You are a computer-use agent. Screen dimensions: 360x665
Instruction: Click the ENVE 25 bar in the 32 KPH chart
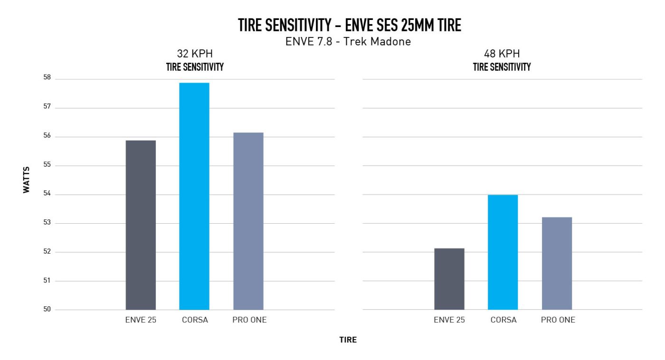tap(141, 225)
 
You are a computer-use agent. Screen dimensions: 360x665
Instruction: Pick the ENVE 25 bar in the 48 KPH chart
tap(449, 279)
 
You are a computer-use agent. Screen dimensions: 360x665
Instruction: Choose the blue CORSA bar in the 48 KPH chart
tap(503, 252)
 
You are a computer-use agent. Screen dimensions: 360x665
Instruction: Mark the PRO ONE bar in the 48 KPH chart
tap(557, 263)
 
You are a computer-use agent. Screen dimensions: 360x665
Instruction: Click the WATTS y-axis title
tap(26, 180)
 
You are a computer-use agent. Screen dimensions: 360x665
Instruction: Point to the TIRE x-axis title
tap(348, 340)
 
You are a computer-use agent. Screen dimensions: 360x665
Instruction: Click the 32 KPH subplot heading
tap(195, 54)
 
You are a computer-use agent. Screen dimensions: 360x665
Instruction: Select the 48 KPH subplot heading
tap(502, 54)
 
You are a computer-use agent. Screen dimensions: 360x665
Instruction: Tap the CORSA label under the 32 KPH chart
tap(195, 320)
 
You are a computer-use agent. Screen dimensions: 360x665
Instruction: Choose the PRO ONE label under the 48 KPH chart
tap(558, 320)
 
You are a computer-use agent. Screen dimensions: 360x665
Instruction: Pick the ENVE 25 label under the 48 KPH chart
tap(449, 320)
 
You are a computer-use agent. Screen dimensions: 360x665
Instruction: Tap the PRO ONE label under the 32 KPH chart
tap(249, 320)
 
